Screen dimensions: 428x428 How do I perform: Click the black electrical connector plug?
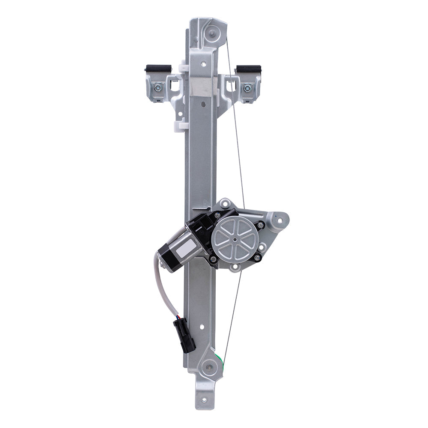point(184,336)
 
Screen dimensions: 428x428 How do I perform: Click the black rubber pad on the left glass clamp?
point(158,68)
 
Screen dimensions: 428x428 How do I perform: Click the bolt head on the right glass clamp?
point(247,88)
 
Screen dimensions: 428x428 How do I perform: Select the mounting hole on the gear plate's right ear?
point(280,221)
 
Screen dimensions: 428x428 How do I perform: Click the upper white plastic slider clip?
point(184,68)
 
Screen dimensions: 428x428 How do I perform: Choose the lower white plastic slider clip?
point(180,125)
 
